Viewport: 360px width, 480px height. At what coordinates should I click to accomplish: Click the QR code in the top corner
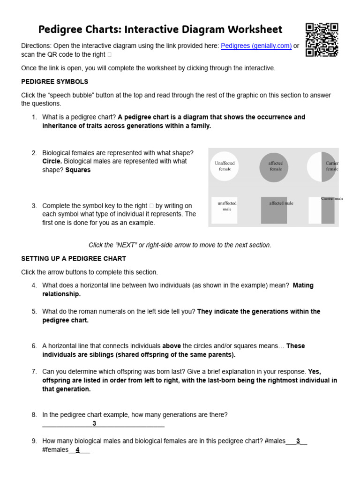pos(322,40)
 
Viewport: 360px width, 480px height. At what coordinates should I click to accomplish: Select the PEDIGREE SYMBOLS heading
pos(54,82)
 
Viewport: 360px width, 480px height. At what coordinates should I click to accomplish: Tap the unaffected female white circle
pos(225,166)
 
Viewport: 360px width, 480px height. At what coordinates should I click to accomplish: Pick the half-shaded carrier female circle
pos(322,166)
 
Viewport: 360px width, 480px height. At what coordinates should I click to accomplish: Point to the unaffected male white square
pos(225,210)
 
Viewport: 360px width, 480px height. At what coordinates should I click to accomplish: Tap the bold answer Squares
pos(78,170)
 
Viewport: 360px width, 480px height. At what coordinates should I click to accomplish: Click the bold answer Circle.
pos(52,161)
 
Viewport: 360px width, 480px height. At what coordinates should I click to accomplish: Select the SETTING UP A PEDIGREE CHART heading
pos(74,259)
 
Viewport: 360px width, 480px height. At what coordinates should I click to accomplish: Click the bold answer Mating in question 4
pos(303,285)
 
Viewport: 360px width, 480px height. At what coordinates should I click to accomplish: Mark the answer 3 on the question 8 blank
pos(94,424)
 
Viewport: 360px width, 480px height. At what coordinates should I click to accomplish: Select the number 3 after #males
pos(298,441)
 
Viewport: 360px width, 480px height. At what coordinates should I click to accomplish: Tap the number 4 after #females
pos(78,450)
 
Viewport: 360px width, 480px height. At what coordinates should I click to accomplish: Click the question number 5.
pos(34,311)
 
